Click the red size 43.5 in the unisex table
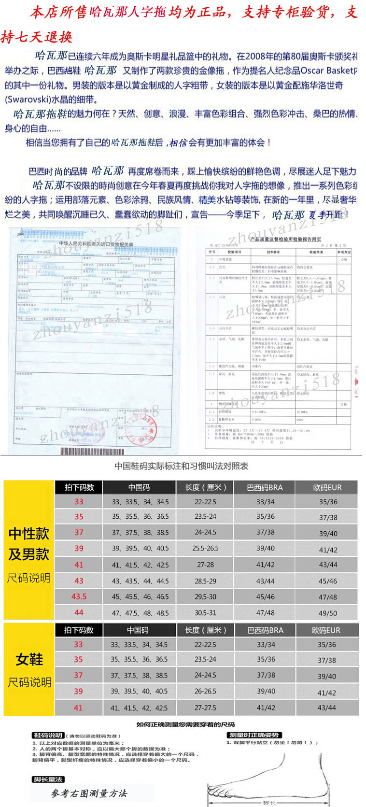point(79,596)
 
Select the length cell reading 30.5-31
point(205,612)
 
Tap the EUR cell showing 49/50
point(328,613)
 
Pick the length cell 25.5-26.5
point(205,548)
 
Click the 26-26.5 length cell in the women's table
point(205,691)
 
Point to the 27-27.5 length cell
point(205,708)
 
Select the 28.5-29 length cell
point(205,581)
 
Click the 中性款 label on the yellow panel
point(29,534)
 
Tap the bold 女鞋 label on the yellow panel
point(29,659)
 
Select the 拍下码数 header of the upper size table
point(79,487)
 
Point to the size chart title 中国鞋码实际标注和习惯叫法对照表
point(182,466)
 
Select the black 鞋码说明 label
point(47,735)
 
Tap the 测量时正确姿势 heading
point(253,735)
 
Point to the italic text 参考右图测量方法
point(89,793)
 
